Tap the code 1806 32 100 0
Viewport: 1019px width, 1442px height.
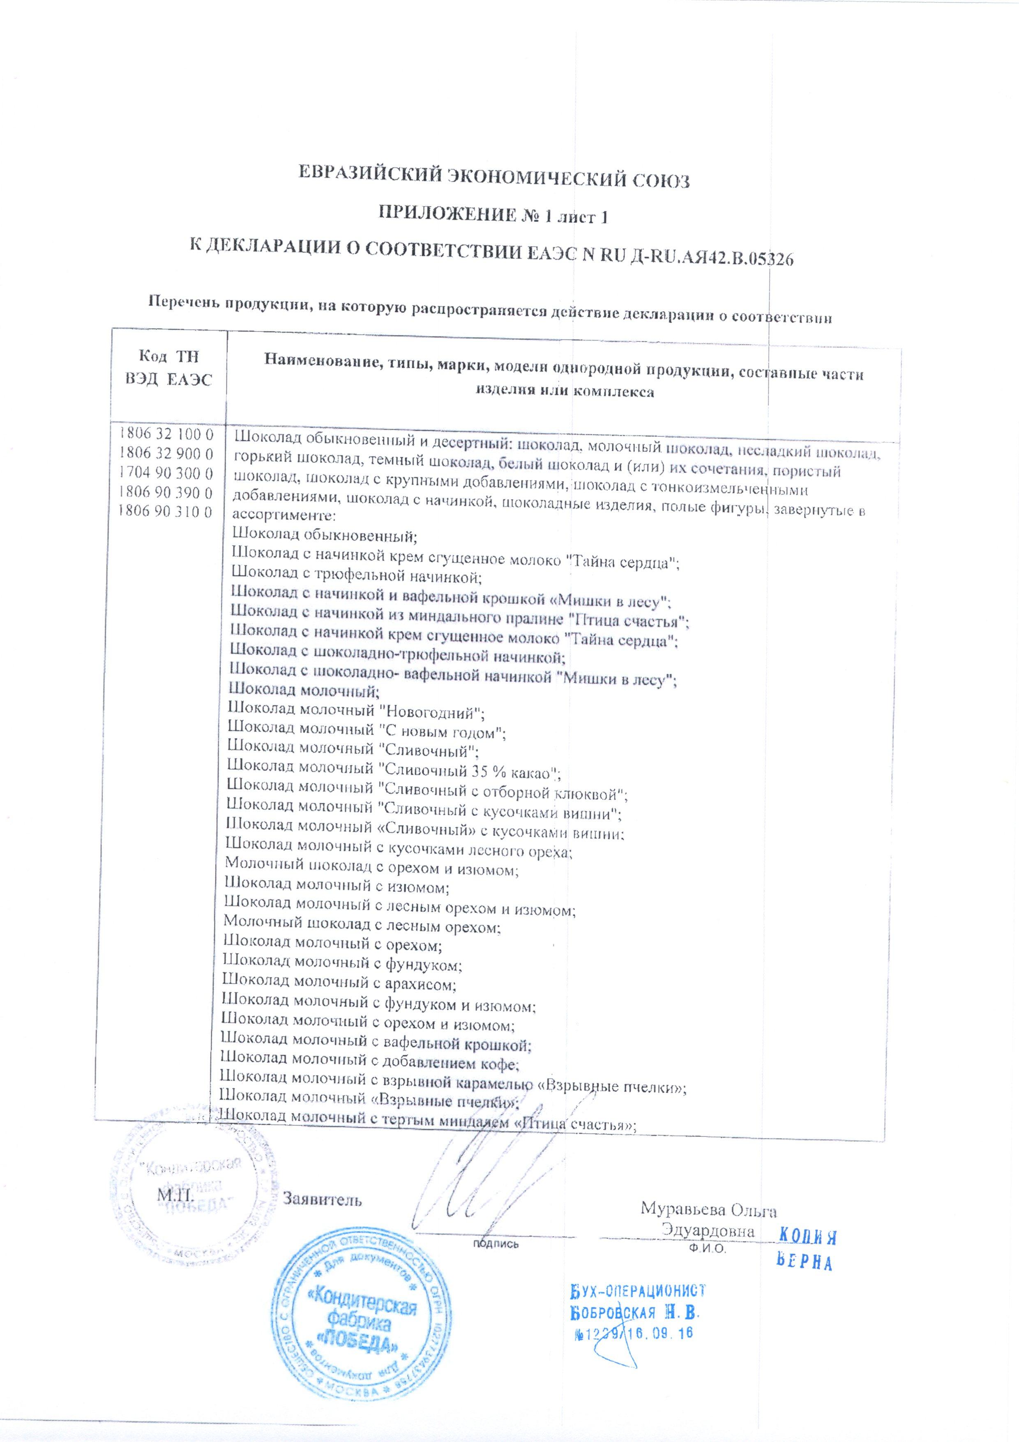click(x=166, y=435)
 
